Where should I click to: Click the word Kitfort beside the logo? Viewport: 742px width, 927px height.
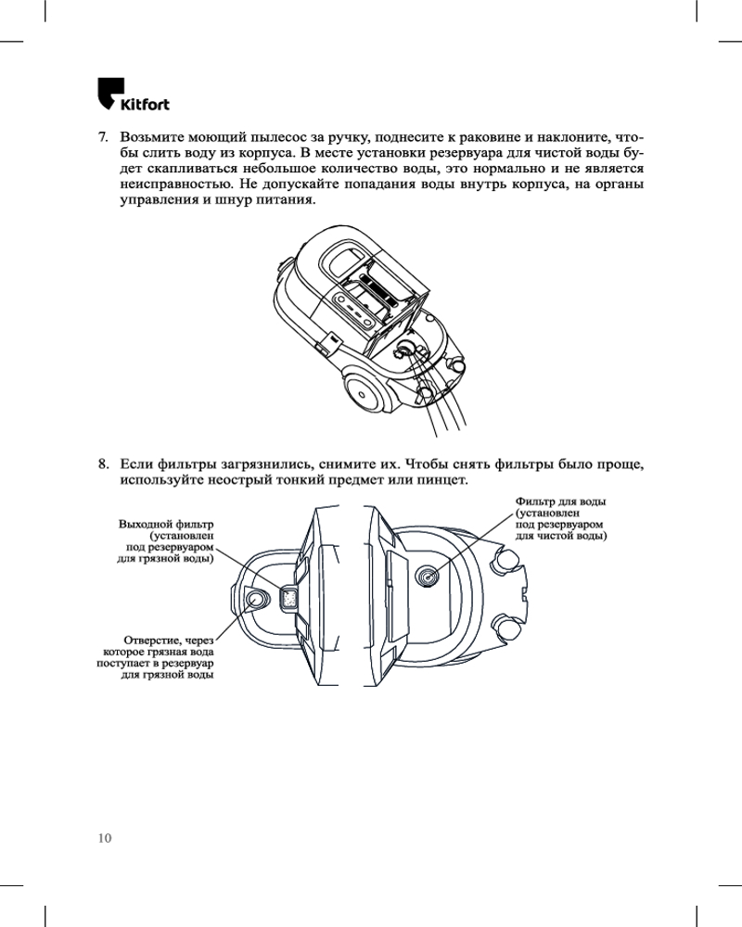pos(145,103)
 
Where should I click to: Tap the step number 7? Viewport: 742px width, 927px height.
pos(104,137)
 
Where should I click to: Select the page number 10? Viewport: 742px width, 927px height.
pos(104,838)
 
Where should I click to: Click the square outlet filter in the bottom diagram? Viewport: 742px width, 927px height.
pos(288,599)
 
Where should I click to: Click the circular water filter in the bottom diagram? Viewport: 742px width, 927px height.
pos(427,576)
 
